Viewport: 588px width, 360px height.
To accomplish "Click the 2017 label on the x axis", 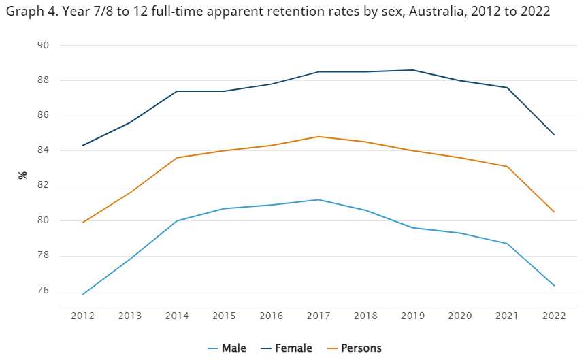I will [x=318, y=316].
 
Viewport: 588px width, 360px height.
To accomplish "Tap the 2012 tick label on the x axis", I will [x=82, y=316].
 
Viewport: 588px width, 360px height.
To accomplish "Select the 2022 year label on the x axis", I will [x=555, y=316].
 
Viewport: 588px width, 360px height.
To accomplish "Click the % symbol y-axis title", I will [x=23, y=175].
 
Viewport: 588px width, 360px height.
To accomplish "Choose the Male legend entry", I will [x=227, y=348].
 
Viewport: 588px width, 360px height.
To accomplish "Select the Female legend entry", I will [x=286, y=348].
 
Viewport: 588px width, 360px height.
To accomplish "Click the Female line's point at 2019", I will [x=413, y=70].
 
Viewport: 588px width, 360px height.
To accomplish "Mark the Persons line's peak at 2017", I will [x=318, y=137].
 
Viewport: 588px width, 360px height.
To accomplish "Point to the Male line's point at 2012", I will [x=82, y=294].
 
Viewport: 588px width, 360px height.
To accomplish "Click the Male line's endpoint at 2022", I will [x=555, y=286].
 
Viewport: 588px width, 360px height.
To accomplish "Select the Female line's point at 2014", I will [x=177, y=91].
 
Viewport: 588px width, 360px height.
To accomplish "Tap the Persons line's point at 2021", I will [x=508, y=166].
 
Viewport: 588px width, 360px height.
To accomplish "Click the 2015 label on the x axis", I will [x=224, y=316].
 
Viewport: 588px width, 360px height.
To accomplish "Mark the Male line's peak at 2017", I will [x=318, y=199].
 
